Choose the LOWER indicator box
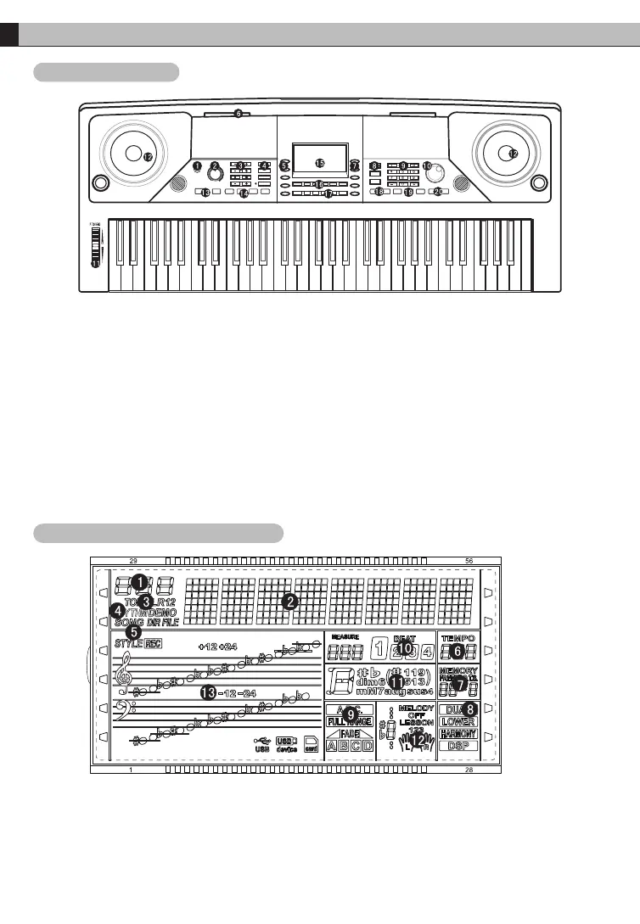click(458, 721)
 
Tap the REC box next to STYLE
click(153, 644)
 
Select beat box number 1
click(379, 652)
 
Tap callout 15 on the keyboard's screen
click(320, 163)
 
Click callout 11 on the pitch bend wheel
click(95, 264)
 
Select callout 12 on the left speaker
click(148, 157)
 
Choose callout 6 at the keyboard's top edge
click(239, 113)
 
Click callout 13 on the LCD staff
click(209, 692)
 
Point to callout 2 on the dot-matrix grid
click(290, 601)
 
